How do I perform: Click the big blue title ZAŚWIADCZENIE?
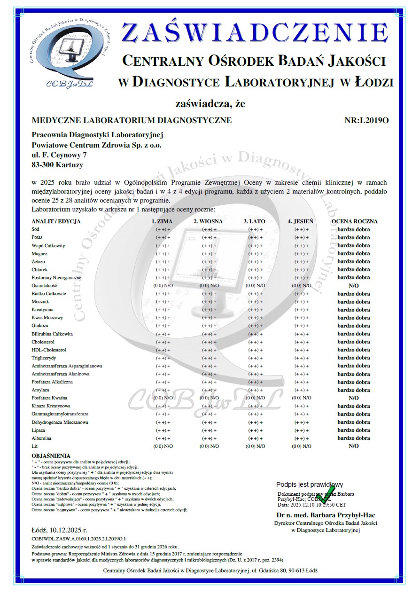(255, 33)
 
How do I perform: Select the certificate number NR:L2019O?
(366, 120)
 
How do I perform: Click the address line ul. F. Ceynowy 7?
(59, 155)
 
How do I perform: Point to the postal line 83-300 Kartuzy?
(57, 165)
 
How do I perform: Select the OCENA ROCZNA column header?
(354, 221)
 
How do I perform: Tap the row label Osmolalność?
(44, 286)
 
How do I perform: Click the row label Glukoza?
(40, 326)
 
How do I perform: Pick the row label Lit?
(34, 446)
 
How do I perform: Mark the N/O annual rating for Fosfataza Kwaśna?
(353, 398)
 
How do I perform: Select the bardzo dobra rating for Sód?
(353, 230)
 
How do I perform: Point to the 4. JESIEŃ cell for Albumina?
(301, 438)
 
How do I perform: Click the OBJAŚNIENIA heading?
(51, 456)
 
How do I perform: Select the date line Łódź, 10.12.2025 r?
(59, 530)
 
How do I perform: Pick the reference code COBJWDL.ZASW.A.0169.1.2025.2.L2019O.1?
(78, 538)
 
